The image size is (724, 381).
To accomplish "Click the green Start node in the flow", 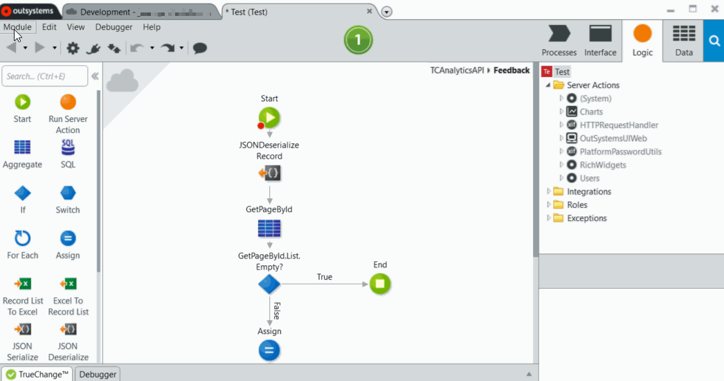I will (x=269, y=117).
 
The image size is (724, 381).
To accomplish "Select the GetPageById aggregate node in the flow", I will (x=269, y=228).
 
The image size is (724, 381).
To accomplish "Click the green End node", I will (x=380, y=283).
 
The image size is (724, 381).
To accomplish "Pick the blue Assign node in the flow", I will (x=269, y=351).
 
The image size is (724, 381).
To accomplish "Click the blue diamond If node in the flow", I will (x=269, y=284).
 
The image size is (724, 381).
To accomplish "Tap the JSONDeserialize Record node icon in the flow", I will (x=269, y=174).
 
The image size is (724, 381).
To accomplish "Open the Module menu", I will (x=17, y=27).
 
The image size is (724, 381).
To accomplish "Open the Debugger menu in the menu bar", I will (x=114, y=27).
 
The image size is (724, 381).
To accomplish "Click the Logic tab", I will (x=642, y=41).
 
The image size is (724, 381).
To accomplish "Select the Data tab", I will (x=684, y=41).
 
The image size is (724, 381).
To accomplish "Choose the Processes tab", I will (x=559, y=41).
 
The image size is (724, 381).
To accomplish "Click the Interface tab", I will (x=600, y=41).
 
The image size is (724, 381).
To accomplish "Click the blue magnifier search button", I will (x=714, y=41).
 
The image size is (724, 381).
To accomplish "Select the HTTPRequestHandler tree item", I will (x=619, y=125).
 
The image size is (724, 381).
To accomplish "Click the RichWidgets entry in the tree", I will (x=603, y=165).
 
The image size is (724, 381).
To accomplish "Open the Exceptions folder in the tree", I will (x=586, y=218).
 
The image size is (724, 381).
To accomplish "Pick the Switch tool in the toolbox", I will (x=68, y=199).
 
